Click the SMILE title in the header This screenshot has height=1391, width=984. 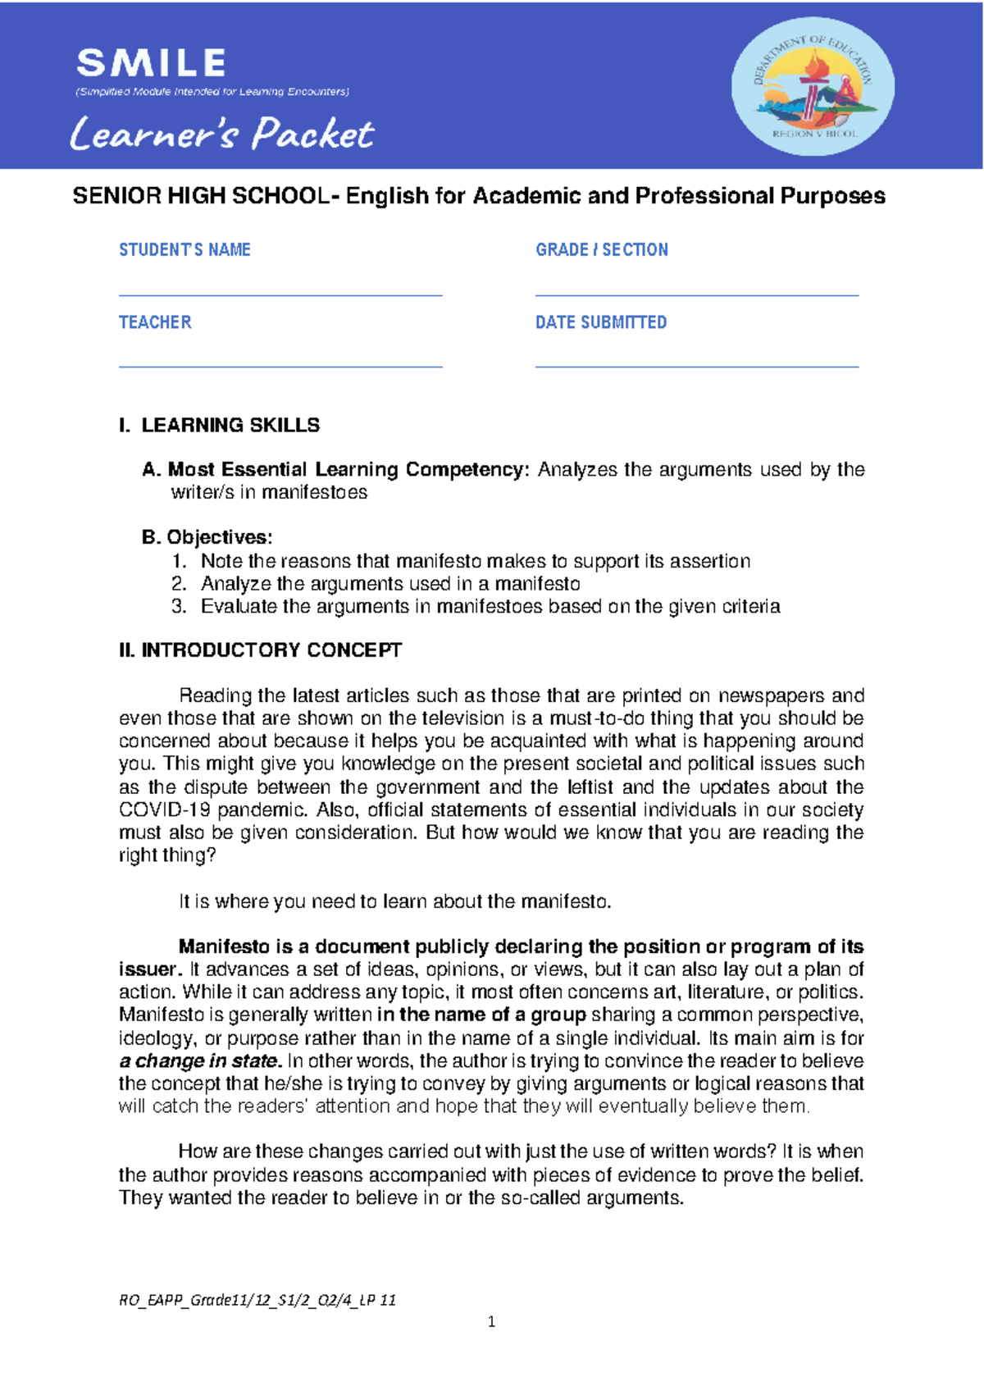point(152,63)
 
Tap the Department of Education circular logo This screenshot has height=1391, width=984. point(813,87)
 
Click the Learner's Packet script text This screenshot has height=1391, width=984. point(221,134)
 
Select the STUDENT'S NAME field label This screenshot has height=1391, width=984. point(184,249)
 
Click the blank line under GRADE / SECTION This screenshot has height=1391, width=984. point(696,294)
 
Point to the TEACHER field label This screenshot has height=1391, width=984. point(155,322)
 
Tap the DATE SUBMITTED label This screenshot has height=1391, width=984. point(601,322)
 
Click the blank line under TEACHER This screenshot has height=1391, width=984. point(280,367)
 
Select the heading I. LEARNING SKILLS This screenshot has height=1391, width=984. point(219,425)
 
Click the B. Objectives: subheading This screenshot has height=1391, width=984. point(207,537)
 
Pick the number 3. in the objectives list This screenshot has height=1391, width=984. point(180,606)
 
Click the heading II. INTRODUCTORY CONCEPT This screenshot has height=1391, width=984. point(260,650)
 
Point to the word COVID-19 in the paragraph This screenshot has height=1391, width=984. point(165,810)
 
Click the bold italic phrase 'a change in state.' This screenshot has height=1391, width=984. point(200,1060)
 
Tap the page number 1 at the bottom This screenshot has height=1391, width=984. point(491,1321)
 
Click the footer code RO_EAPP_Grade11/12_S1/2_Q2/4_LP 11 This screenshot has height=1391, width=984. point(257,1299)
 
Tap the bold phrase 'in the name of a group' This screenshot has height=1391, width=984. point(481,1015)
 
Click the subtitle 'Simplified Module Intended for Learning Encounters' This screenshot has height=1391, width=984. point(212,92)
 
